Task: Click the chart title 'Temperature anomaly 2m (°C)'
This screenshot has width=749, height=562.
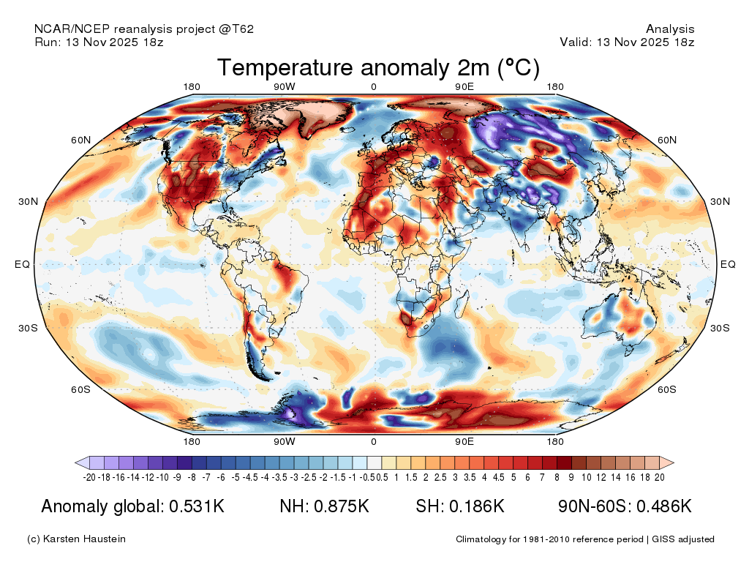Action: click(378, 68)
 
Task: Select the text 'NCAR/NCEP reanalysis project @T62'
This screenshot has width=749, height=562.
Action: click(144, 29)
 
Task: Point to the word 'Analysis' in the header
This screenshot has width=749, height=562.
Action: click(670, 29)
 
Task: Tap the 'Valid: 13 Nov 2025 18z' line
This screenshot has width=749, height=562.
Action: click(627, 42)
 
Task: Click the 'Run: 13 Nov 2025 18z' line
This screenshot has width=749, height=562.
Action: click(99, 42)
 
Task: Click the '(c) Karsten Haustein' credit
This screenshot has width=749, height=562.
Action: click(76, 539)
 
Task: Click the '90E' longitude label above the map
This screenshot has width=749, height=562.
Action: click(465, 87)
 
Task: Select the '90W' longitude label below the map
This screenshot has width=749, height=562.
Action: click(285, 441)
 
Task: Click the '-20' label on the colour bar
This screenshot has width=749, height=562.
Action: click(90, 477)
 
